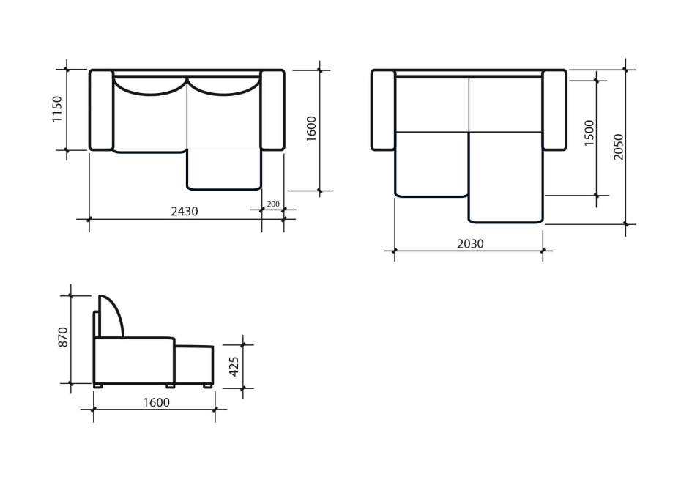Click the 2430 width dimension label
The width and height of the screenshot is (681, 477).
(x=184, y=212)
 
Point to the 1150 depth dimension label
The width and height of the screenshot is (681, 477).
(x=57, y=109)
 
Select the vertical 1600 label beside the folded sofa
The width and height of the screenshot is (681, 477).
(x=311, y=128)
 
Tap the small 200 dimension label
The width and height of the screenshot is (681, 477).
(x=272, y=204)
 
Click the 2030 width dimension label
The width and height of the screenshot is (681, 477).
(x=470, y=244)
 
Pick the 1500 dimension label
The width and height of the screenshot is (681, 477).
(x=589, y=133)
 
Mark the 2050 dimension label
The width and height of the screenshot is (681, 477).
(x=618, y=147)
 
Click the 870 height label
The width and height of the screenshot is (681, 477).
(x=64, y=337)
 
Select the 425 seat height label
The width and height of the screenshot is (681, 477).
(x=234, y=366)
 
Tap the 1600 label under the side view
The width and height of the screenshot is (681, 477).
(x=157, y=403)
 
